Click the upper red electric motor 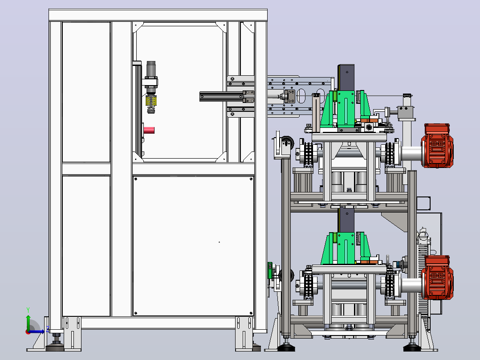(x=437, y=146)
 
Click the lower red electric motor (x=437, y=277)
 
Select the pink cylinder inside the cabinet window (x=149, y=130)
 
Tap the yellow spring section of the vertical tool (x=151, y=101)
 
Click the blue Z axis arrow (x=37, y=331)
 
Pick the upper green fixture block (x=346, y=109)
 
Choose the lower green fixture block (x=346, y=249)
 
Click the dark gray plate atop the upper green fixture (x=346, y=77)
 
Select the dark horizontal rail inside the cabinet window (x=222, y=97)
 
